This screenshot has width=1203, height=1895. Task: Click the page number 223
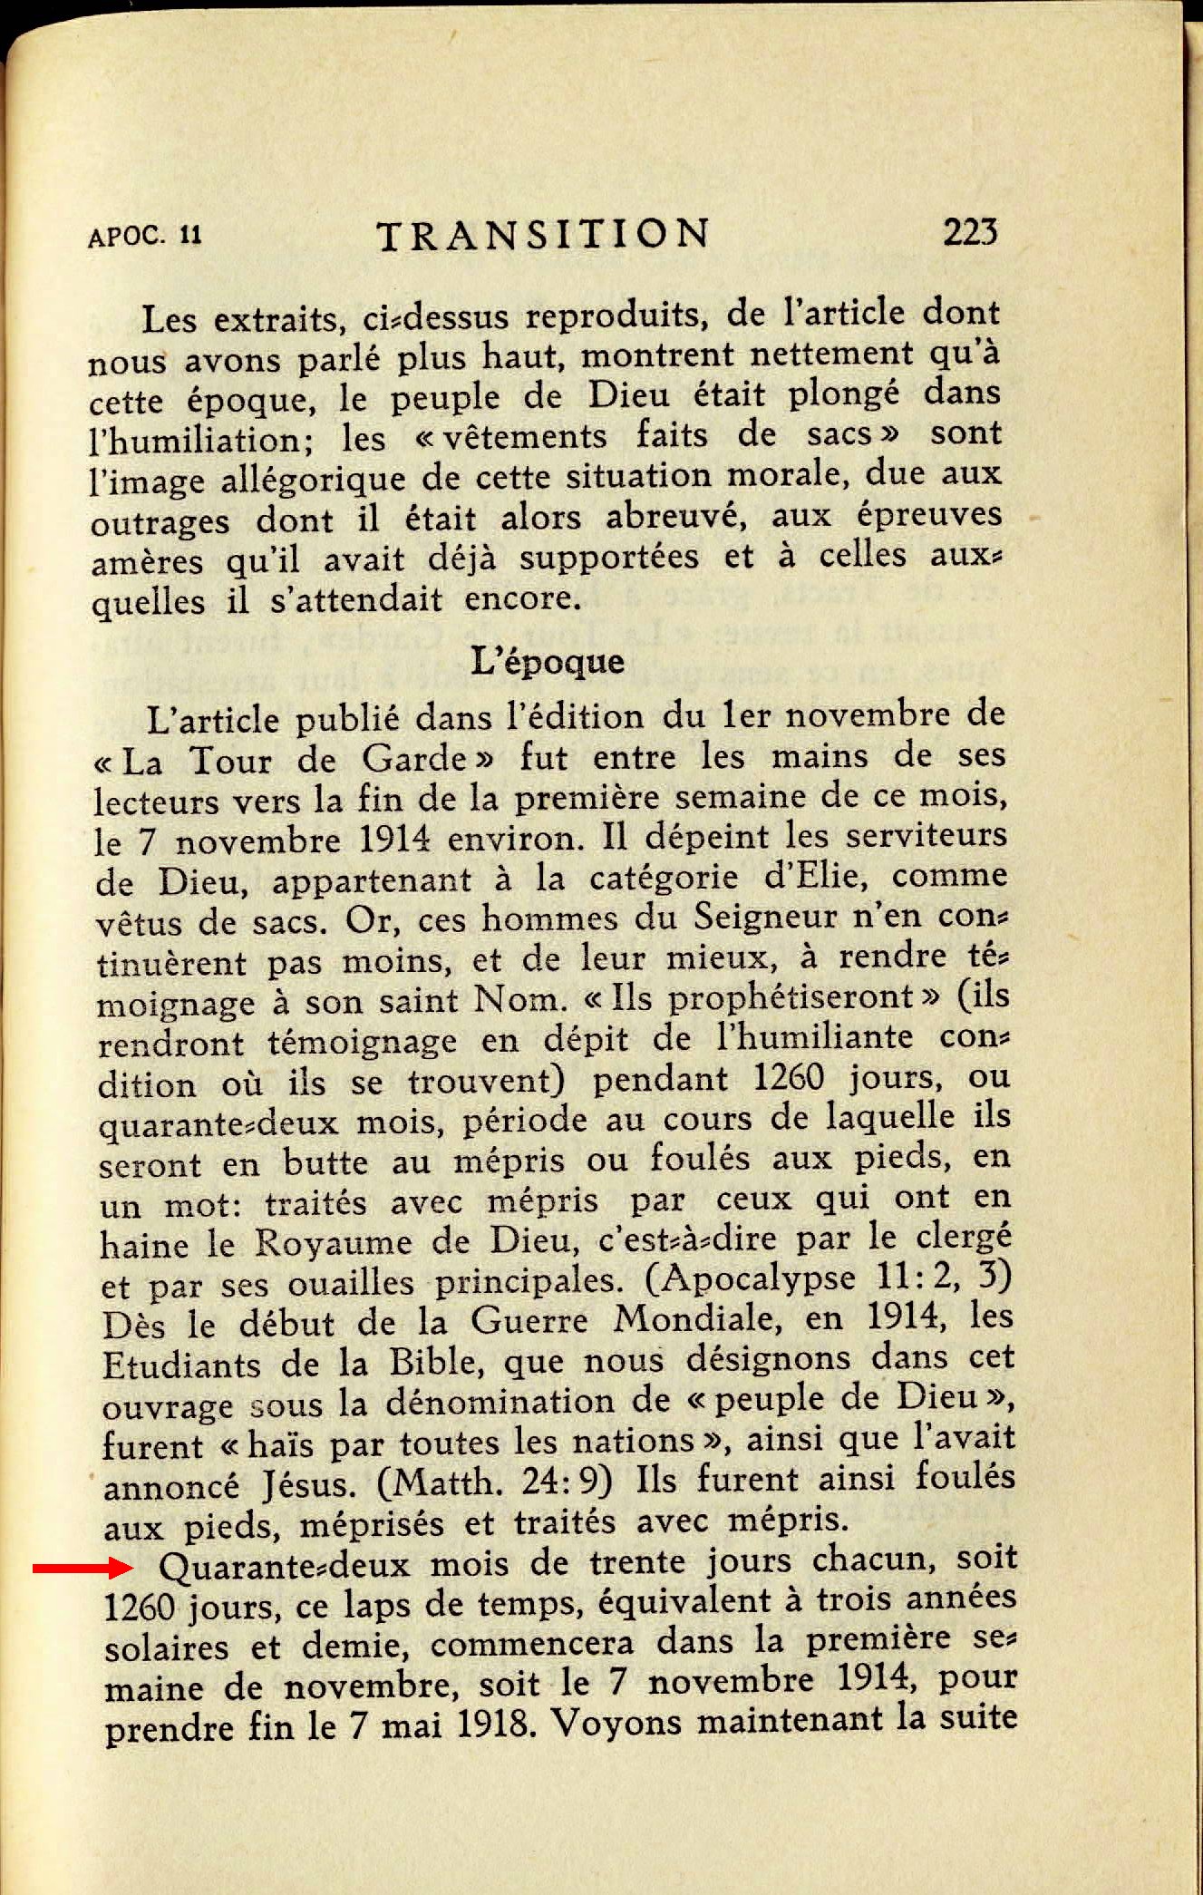coord(969,233)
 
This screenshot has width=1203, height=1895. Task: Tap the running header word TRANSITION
coord(543,235)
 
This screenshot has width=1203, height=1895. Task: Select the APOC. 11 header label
coord(144,237)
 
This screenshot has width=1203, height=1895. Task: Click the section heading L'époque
coord(548,661)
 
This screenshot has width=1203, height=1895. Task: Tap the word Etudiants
coord(181,1365)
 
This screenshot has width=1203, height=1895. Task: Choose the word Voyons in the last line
coord(616,1721)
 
